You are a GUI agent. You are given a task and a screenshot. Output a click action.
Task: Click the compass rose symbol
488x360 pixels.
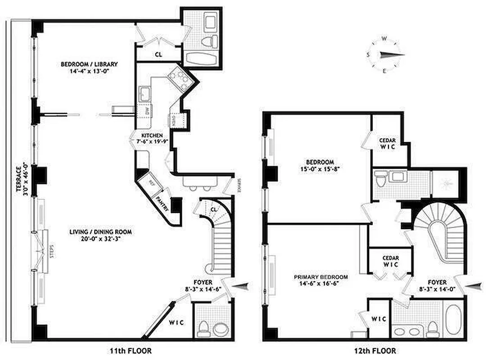tap(384, 54)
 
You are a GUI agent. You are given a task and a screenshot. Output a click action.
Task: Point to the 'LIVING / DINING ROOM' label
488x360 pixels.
tap(100, 232)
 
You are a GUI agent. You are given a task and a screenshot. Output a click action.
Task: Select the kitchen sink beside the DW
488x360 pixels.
tap(145, 94)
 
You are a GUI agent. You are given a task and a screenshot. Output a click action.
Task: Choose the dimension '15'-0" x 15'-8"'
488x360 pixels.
tap(320, 170)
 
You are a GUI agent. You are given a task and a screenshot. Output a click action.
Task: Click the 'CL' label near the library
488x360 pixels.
tap(158, 54)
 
